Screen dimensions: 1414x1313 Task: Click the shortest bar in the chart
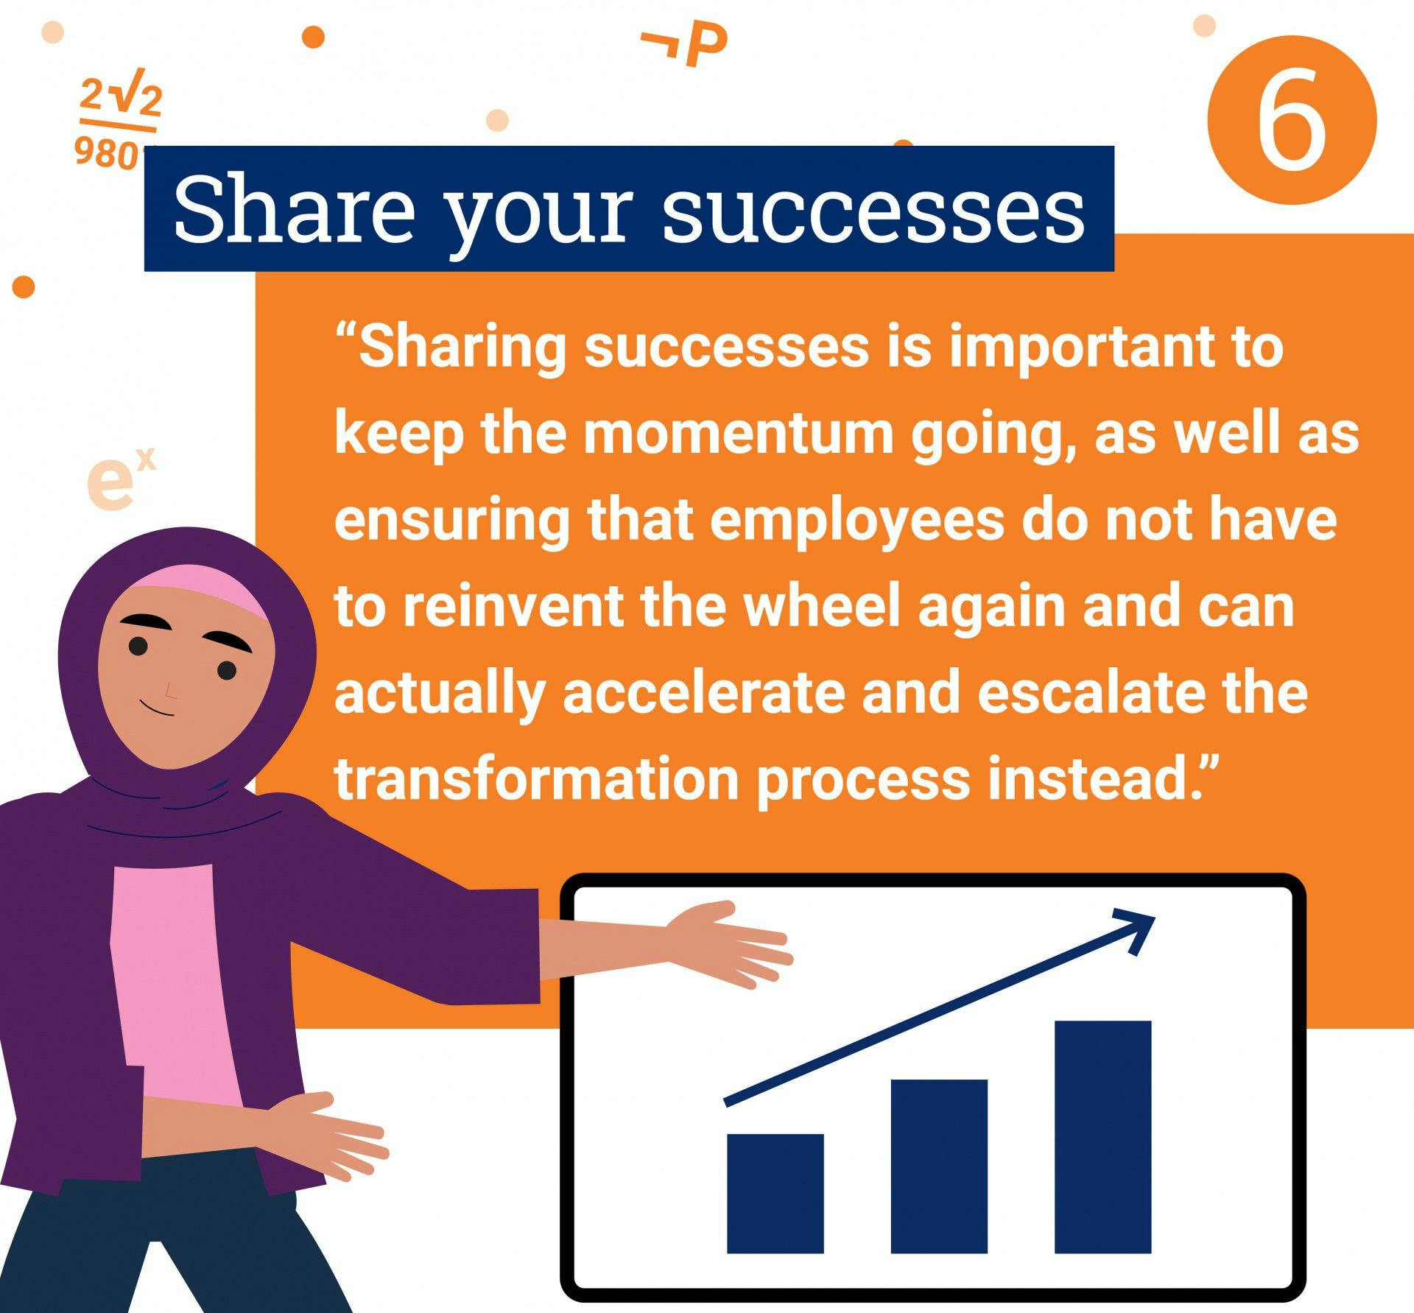pyautogui.click(x=775, y=1193)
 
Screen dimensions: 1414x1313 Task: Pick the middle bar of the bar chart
pyautogui.click(x=939, y=1166)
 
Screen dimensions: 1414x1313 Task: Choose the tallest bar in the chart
pyautogui.click(x=1102, y=1136)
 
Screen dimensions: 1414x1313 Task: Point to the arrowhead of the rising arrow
pyautogui.click(x=1134, y=929)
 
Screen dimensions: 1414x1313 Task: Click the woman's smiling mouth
pyautogui.click(x=158, y=708)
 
